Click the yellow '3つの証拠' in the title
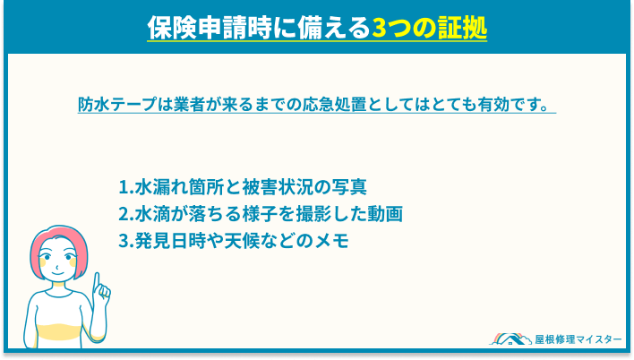(x=429, y=28)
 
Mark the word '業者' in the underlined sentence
(x=213, y=104)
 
